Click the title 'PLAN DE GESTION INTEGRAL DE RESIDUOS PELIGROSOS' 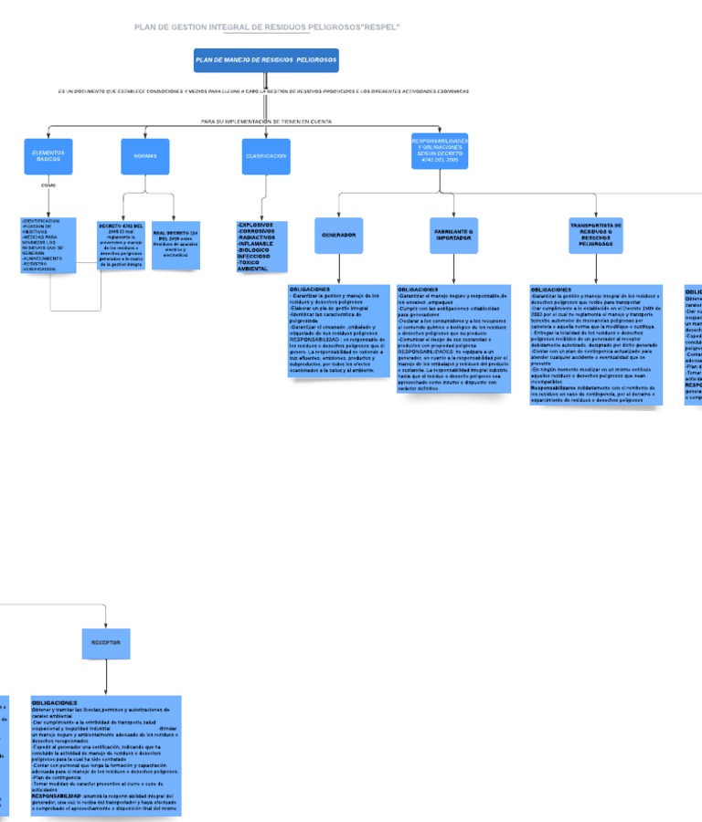click(x=266, y=27)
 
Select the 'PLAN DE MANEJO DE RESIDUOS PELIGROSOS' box click(x=266, y=60)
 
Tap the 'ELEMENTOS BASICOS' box click(x=48, y=156)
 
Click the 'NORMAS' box click(x=145, y=156)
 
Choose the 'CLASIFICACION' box click(x=266, y=156)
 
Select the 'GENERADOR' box click(x=338, y=236)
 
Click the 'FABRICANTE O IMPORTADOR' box click(x=453, y=236)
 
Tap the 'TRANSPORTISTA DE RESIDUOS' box click(x=596, y=236)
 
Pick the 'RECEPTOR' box click(x=106, y=643)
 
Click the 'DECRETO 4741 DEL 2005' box click(x=121, y=245)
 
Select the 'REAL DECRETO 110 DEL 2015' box click(x=175, y=245)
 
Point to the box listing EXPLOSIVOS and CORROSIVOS click(x=261, y=247)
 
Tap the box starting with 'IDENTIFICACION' click(x=48, y=245)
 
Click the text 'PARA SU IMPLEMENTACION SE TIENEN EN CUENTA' click(x=266, y=121)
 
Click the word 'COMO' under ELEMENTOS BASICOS click(x=48, y=185)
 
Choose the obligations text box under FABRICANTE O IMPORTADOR click(x=452, y=339)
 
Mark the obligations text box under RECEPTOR click(x=106, y=755)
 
